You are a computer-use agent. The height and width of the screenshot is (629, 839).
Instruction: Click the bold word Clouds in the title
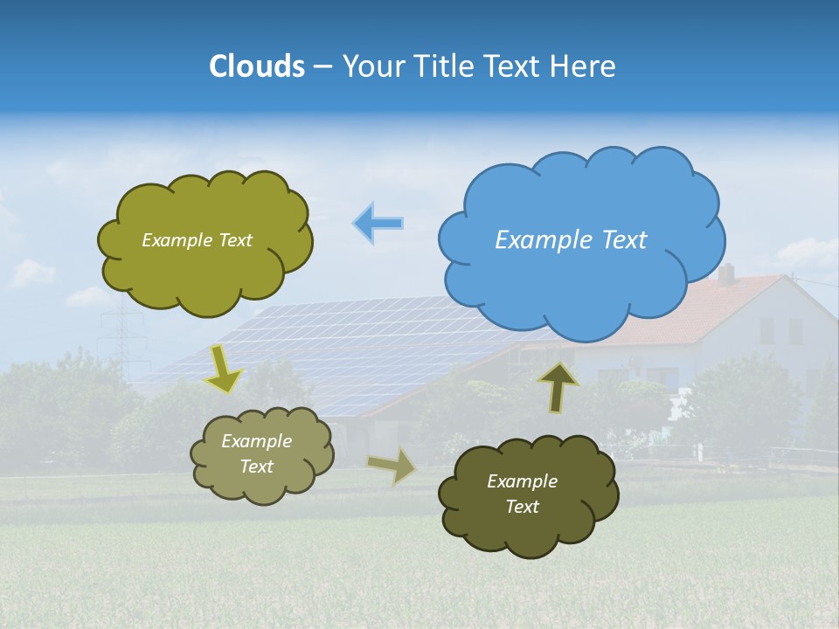point(256,66)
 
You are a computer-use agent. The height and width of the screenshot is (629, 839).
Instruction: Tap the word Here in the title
point(584,66)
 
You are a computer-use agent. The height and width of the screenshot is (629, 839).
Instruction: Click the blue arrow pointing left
point(378,223)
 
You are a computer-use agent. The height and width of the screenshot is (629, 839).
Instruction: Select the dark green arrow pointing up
point(558,386)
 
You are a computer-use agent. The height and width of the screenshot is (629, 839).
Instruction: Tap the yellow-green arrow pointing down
point(223,369)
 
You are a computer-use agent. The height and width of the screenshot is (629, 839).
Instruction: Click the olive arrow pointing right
point(392,466)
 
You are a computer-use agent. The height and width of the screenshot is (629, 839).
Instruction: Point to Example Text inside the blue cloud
point(571,239)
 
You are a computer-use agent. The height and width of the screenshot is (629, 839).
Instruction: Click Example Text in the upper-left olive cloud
point(197,240)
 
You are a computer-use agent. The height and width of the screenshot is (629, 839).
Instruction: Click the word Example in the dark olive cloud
point(522,481)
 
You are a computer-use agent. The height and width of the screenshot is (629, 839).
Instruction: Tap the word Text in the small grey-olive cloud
point(256,467)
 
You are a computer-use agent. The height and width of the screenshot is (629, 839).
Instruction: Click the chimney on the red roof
point(726,273)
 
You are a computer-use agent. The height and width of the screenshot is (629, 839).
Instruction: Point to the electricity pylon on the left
point(121,336)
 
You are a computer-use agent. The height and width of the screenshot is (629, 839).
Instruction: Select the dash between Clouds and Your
point(322,67)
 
